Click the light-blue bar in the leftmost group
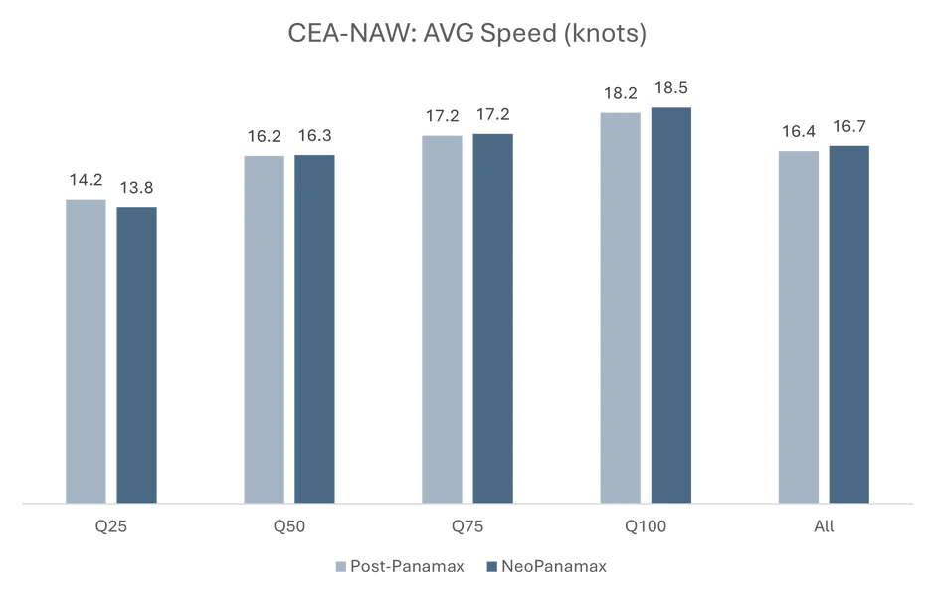pos(88,348)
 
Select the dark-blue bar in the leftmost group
pos(135,353)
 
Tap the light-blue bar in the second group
pos(264,328)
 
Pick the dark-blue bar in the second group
pos(314,328)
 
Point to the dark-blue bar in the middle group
pos(492,318)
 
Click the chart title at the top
pos(467,32)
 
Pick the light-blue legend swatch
pos(337,567)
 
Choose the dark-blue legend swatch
pos(489,567)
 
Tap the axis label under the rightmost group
pos(824,527)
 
